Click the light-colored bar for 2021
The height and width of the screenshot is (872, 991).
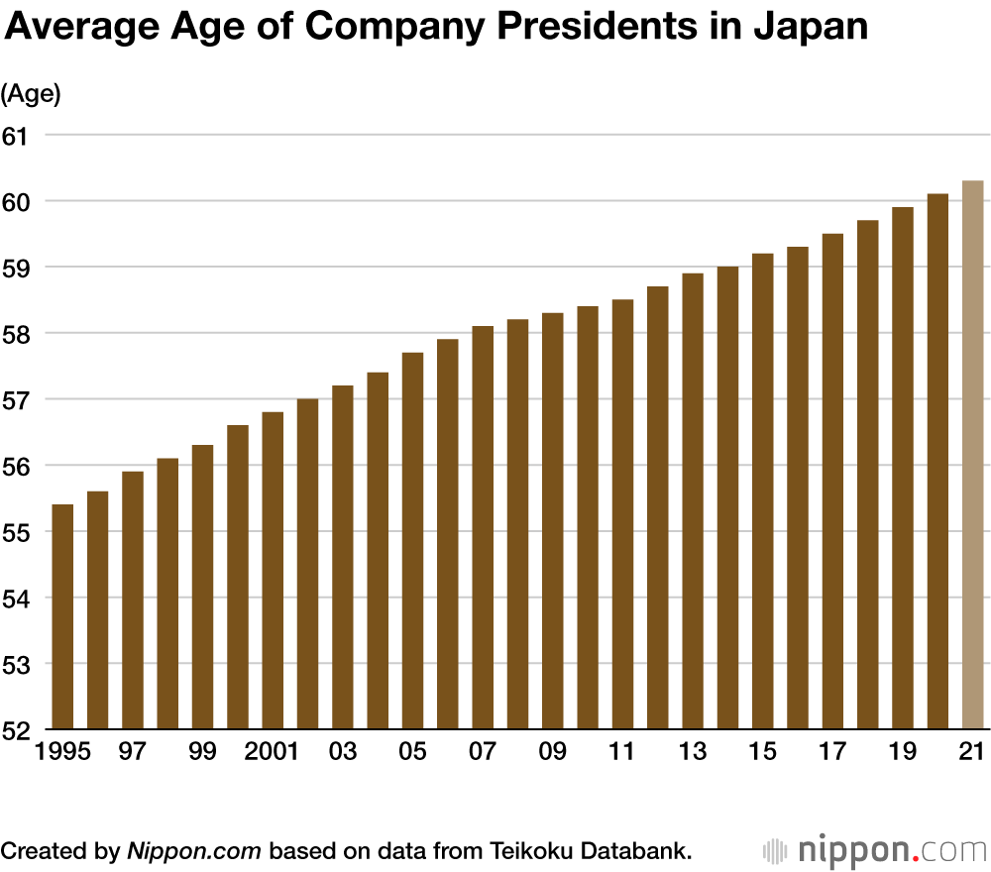[x=972, y=456]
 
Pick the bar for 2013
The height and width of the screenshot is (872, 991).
[x=693, y=500]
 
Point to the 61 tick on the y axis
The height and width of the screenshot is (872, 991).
[x=18, y=136]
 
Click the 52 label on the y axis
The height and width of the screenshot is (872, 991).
[x=18, y=730]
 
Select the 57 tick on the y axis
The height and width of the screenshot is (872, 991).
[x=18, y=400]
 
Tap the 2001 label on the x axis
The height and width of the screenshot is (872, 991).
[x=273, y=752]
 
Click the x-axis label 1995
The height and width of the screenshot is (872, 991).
[x=62, y=752]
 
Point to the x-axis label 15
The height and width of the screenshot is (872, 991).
[x=762, y=752]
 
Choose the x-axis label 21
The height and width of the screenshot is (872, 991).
[x=972, y=752]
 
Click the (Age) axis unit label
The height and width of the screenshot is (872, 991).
[x=31, y=94]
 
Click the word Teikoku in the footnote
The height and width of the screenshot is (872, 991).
[x=532, y=849]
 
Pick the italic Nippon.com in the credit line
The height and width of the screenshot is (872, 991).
[x=193, y=849]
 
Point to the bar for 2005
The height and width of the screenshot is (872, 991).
[x=412, y=540]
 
